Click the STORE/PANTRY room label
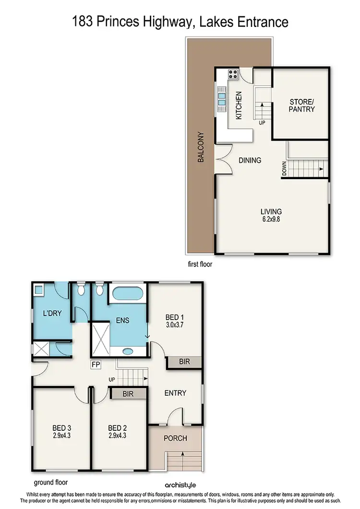click(x=302, y=105)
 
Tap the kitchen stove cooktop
click(x=233, y=74)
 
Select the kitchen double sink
click(x=222, y=98)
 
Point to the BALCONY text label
click(x=201, y=146)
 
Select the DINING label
click(x=250, y=160)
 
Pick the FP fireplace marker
click(x=96, y=365)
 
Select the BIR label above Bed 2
click(x=128, y=394)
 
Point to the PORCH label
click(x=175, y=438)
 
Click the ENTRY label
click(x=175, y=393)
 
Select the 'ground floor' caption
click(x=51, y=482)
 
